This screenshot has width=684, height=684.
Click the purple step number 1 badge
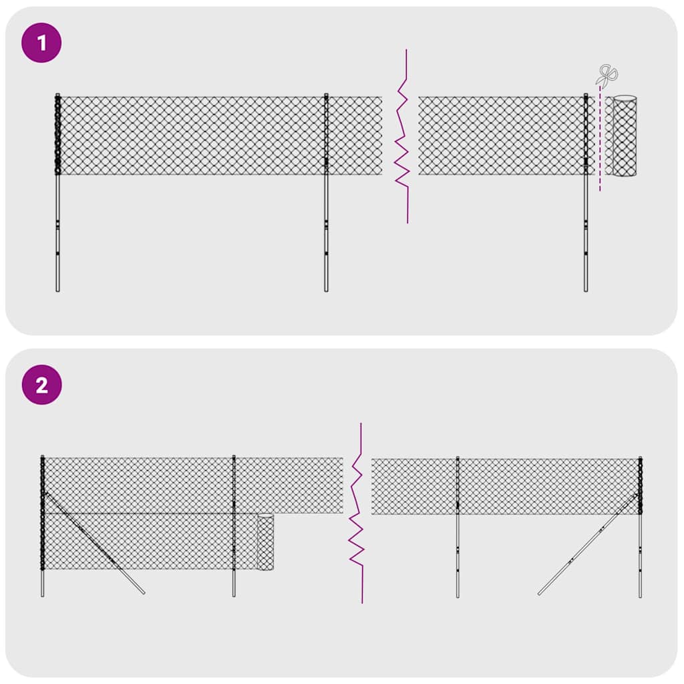(x=41, y=43)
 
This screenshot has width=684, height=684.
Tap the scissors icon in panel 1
(x=607, y=75)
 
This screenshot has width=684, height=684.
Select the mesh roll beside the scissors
(x=625, y=136)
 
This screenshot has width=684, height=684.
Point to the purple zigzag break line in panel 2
(x=357, y=514)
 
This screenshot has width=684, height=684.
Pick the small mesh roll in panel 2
(x=265, y=542)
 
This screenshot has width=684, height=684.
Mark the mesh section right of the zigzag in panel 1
(x=501, y=136)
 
